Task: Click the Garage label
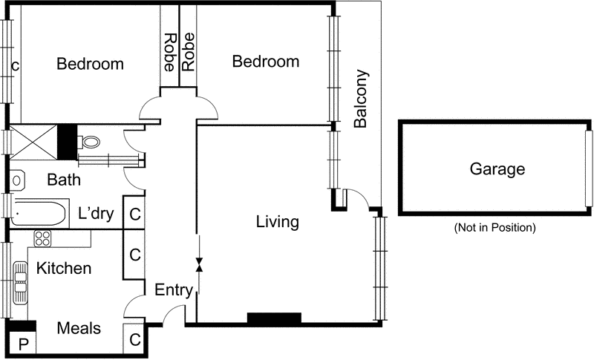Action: [497, 169]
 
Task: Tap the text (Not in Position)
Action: [495, 228]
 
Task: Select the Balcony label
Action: [361, 100]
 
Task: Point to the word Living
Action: [277, 221]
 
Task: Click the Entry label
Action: [174, 289]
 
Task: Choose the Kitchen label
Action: [65, 268]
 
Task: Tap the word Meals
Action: [79, 328]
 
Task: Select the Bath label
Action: [64, 180]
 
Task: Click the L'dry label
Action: [96, 215]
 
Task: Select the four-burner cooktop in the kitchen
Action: [42, 238]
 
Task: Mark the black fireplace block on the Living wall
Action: [274, 318]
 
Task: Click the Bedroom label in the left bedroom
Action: [90, 64]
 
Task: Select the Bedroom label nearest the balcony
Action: [266, 62]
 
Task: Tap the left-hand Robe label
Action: [169, 52]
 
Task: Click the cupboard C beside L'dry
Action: [134, 215]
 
